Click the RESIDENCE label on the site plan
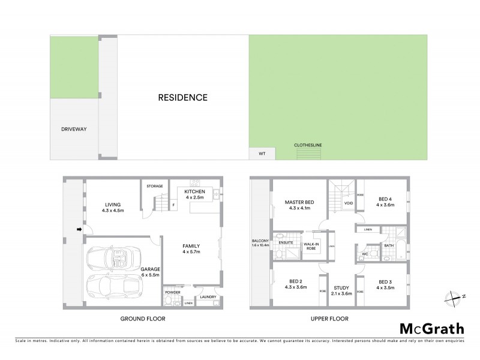pyautogui.click(x=183, y=97)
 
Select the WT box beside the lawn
pyautogui.click(x=262, y=154)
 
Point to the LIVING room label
pyautogui.click(x=112, y=203)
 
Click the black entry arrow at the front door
pyautogui.click(x=78, y=229)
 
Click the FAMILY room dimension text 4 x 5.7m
pyautogui.click(x=191, y=253)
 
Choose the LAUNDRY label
pyautogui.click(x=208, y=297)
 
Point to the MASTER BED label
pyautogui.click(x=296, y=202)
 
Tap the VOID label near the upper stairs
pyautogui.click(x=347, y=203)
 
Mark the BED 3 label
pyautogui.click(x=384, y=281)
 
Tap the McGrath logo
pyautogui.click(x=431, y=328)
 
